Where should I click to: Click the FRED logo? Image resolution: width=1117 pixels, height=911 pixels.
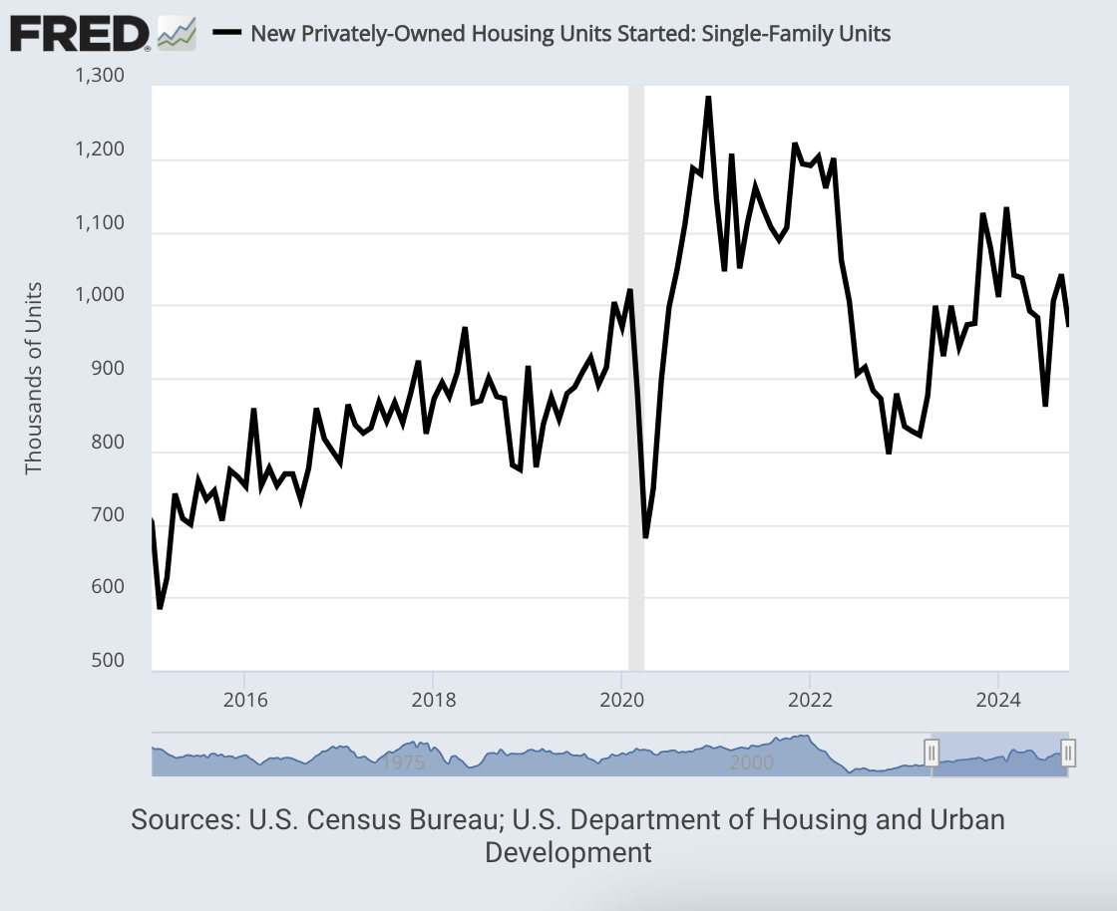(x=80, y=35)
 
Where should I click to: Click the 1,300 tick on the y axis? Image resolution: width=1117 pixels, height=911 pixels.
(x=99, y=76)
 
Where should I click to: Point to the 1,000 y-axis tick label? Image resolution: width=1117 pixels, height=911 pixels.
(x=99, y=295)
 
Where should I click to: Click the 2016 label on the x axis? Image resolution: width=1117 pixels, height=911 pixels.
(x=244, y=699)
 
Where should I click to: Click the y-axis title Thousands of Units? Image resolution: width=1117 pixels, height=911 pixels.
(x=35, y=378)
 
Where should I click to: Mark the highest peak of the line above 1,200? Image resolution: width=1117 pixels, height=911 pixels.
(x=708, y=98)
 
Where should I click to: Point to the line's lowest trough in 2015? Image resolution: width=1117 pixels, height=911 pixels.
(x=160, y=607)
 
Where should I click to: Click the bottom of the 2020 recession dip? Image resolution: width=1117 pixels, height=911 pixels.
(x=645, y=537)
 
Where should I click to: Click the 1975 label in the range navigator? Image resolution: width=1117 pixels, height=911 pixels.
(x=404, y=762)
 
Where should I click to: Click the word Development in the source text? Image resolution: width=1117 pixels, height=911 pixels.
(x=567, y=853)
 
